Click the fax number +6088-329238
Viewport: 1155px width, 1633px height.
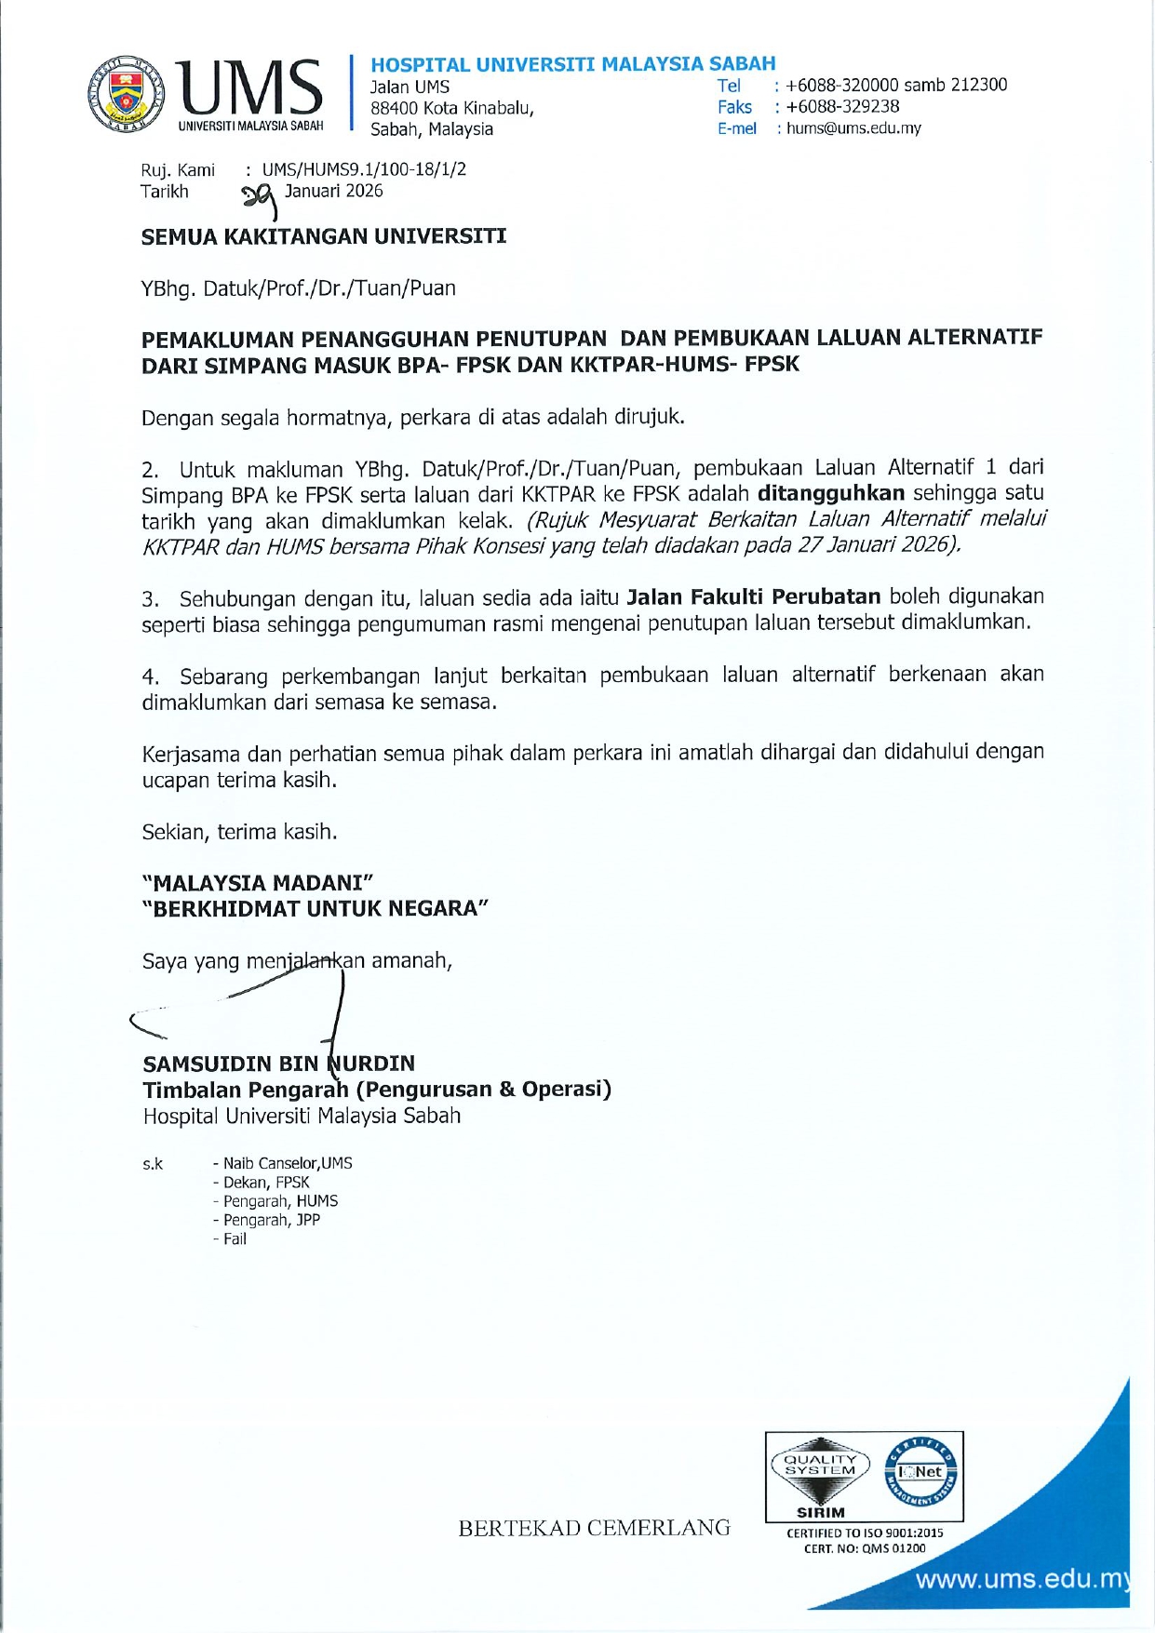842,107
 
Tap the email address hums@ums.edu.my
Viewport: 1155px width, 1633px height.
853,128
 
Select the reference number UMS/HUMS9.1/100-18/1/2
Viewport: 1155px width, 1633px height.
364,169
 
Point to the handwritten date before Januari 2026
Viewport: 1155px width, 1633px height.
261,196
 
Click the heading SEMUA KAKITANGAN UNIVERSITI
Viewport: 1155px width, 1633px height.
323,236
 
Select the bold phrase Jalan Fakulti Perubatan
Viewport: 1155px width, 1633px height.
754,596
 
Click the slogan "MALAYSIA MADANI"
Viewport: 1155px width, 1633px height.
258,882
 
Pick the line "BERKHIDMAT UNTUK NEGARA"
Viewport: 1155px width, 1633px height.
315,908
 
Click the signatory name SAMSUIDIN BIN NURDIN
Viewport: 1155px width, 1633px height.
278,1064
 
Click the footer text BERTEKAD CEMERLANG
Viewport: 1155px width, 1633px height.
594,1528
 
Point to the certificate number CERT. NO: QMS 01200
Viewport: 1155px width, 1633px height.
865,1548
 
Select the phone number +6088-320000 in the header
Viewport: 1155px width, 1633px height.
842,85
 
